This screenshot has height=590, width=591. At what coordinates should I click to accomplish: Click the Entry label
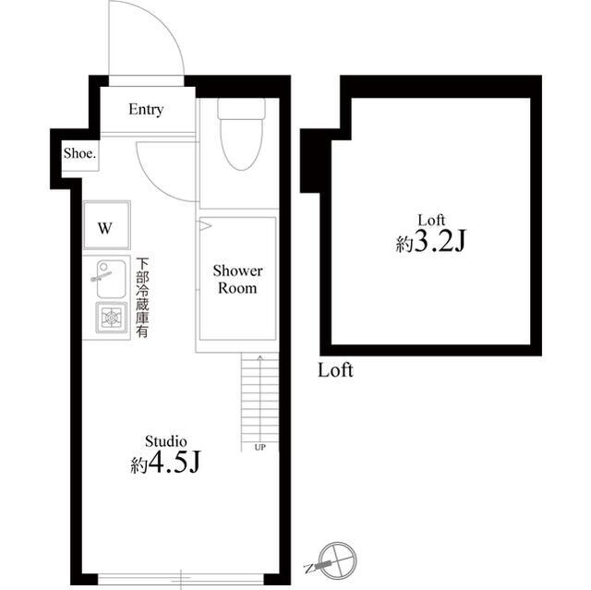146,110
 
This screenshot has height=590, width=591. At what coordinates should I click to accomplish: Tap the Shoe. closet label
79,154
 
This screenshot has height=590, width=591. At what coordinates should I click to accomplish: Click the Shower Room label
238,279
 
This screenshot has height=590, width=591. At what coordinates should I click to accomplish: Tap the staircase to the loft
260,397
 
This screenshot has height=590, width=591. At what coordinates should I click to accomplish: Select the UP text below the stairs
259,448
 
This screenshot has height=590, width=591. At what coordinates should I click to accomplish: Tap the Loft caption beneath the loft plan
335,371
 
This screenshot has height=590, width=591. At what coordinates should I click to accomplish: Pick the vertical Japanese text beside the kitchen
143,296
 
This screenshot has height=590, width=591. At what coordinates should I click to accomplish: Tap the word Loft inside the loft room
432,220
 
